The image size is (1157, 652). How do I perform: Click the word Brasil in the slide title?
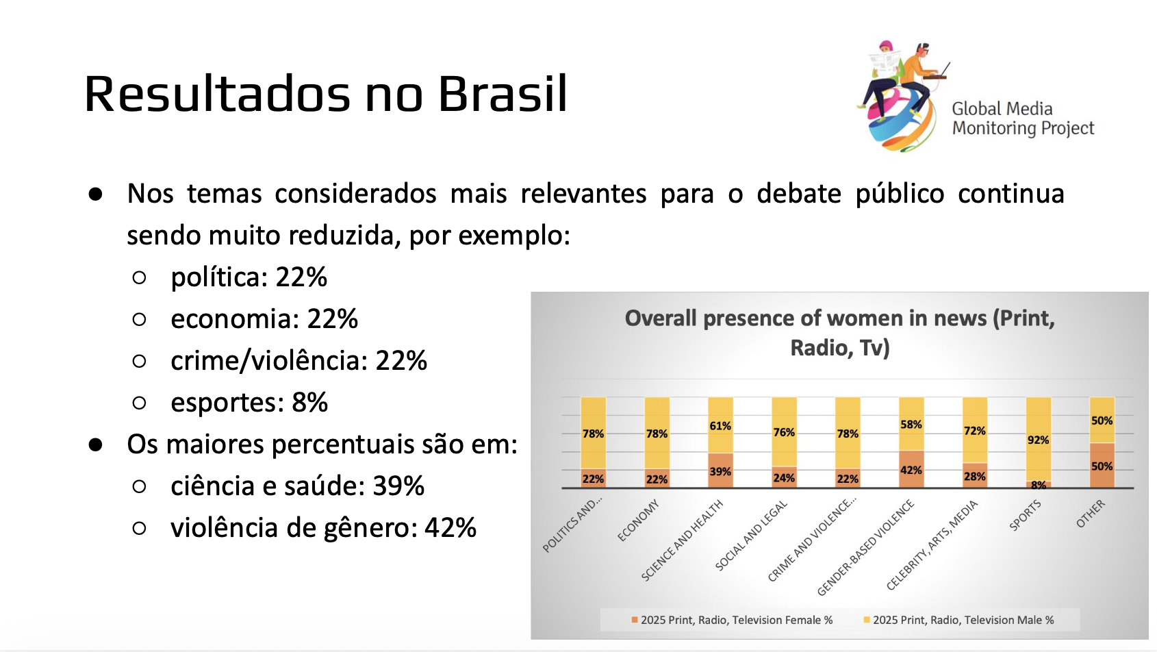click(x=503, y=94)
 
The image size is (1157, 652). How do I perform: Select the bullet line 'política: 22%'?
click(x=249, y=277)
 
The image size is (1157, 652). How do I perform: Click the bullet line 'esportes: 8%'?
click(x=249, y=403)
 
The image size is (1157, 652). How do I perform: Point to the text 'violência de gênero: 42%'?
click(x=323, y=528)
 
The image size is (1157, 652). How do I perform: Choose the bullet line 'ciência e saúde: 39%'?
click(x=297, y=486)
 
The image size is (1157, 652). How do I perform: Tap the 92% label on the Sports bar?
click(x=1038, y=440)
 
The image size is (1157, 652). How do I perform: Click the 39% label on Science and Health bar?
click(x=720, y=472)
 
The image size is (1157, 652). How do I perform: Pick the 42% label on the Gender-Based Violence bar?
click(x=911, y=471)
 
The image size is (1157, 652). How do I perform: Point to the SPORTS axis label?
click(x=1025, y=515)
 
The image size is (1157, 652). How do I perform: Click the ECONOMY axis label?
click(x=638, y=521)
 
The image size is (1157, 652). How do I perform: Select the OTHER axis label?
click(x=1091, y=514)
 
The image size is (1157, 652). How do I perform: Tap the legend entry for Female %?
click(x=732, y=620)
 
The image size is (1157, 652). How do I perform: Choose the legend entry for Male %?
click(x=958, y=620)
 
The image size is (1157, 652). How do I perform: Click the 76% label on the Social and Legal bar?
click(x=784, y=432)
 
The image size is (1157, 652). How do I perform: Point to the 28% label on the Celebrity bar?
click(x=974, y=477)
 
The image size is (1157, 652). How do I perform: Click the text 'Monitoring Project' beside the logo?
click(x=1023, y=128)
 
